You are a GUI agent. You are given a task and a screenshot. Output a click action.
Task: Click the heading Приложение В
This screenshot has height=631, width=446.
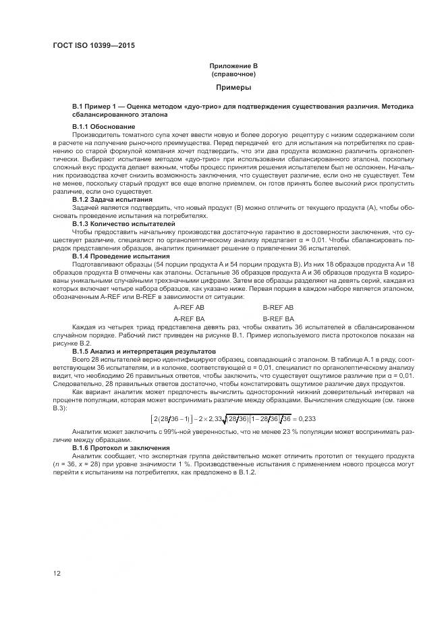(x=233, y=66)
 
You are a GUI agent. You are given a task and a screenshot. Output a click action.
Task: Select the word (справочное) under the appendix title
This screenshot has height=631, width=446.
(x=233, y=74)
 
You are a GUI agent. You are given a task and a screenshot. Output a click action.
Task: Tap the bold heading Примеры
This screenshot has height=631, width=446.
(x=233, y=88)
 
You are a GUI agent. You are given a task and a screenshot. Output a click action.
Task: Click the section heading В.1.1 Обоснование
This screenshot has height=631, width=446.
(x=103, y=126)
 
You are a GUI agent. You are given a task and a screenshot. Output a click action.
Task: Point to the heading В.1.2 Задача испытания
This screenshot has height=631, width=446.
(x=112, y=200)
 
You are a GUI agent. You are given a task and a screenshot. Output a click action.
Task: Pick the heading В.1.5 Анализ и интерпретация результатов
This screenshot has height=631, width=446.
(x=144, y=351)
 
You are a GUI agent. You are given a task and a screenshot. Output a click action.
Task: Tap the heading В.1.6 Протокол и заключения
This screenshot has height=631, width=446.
(x=122, y=447)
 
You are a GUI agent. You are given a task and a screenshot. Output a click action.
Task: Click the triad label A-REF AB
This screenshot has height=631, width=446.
(x=189, y=307)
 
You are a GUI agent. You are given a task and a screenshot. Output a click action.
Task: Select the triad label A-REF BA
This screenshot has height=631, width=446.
(x=189, y=318)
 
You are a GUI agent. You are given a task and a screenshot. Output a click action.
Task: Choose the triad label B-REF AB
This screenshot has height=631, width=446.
(x=278, y=307)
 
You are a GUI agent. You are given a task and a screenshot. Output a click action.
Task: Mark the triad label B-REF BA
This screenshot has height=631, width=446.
(x=278, y=318)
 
